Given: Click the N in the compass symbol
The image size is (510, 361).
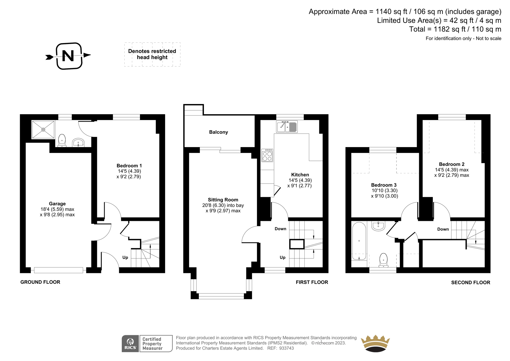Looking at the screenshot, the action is coord(68,56).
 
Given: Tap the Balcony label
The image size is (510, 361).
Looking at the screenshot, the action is coord(218,132).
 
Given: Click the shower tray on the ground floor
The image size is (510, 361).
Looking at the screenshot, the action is coord(43,130).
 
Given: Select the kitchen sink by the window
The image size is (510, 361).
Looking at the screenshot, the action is coord(287,127).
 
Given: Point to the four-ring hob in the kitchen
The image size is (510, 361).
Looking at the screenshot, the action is coord(267,155).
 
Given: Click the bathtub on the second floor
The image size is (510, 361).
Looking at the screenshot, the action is coord(359,241).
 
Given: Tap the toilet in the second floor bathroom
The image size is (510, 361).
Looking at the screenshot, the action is coord(384,260).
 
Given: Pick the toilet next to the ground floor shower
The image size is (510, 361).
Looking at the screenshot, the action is coord(62,140).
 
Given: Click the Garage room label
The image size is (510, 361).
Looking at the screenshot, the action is coord(57,204).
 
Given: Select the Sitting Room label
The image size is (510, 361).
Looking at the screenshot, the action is coord(223,200).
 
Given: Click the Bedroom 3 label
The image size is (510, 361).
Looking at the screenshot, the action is coord(384,185).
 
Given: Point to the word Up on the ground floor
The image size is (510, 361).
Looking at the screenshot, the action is coord(125,258).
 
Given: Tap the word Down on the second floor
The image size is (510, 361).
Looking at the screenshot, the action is coord(443,229).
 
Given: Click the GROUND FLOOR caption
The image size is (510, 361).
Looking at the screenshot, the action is coord(40,282).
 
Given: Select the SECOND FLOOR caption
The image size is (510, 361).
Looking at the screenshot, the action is coord(470,282).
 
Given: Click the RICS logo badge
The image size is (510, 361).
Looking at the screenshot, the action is coord(130,343).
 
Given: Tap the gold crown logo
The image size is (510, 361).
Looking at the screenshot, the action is coord(375,343).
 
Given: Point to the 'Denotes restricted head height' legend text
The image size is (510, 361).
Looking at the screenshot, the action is coord(152,54).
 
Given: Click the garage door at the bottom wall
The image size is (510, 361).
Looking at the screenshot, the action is coord(59,270).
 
